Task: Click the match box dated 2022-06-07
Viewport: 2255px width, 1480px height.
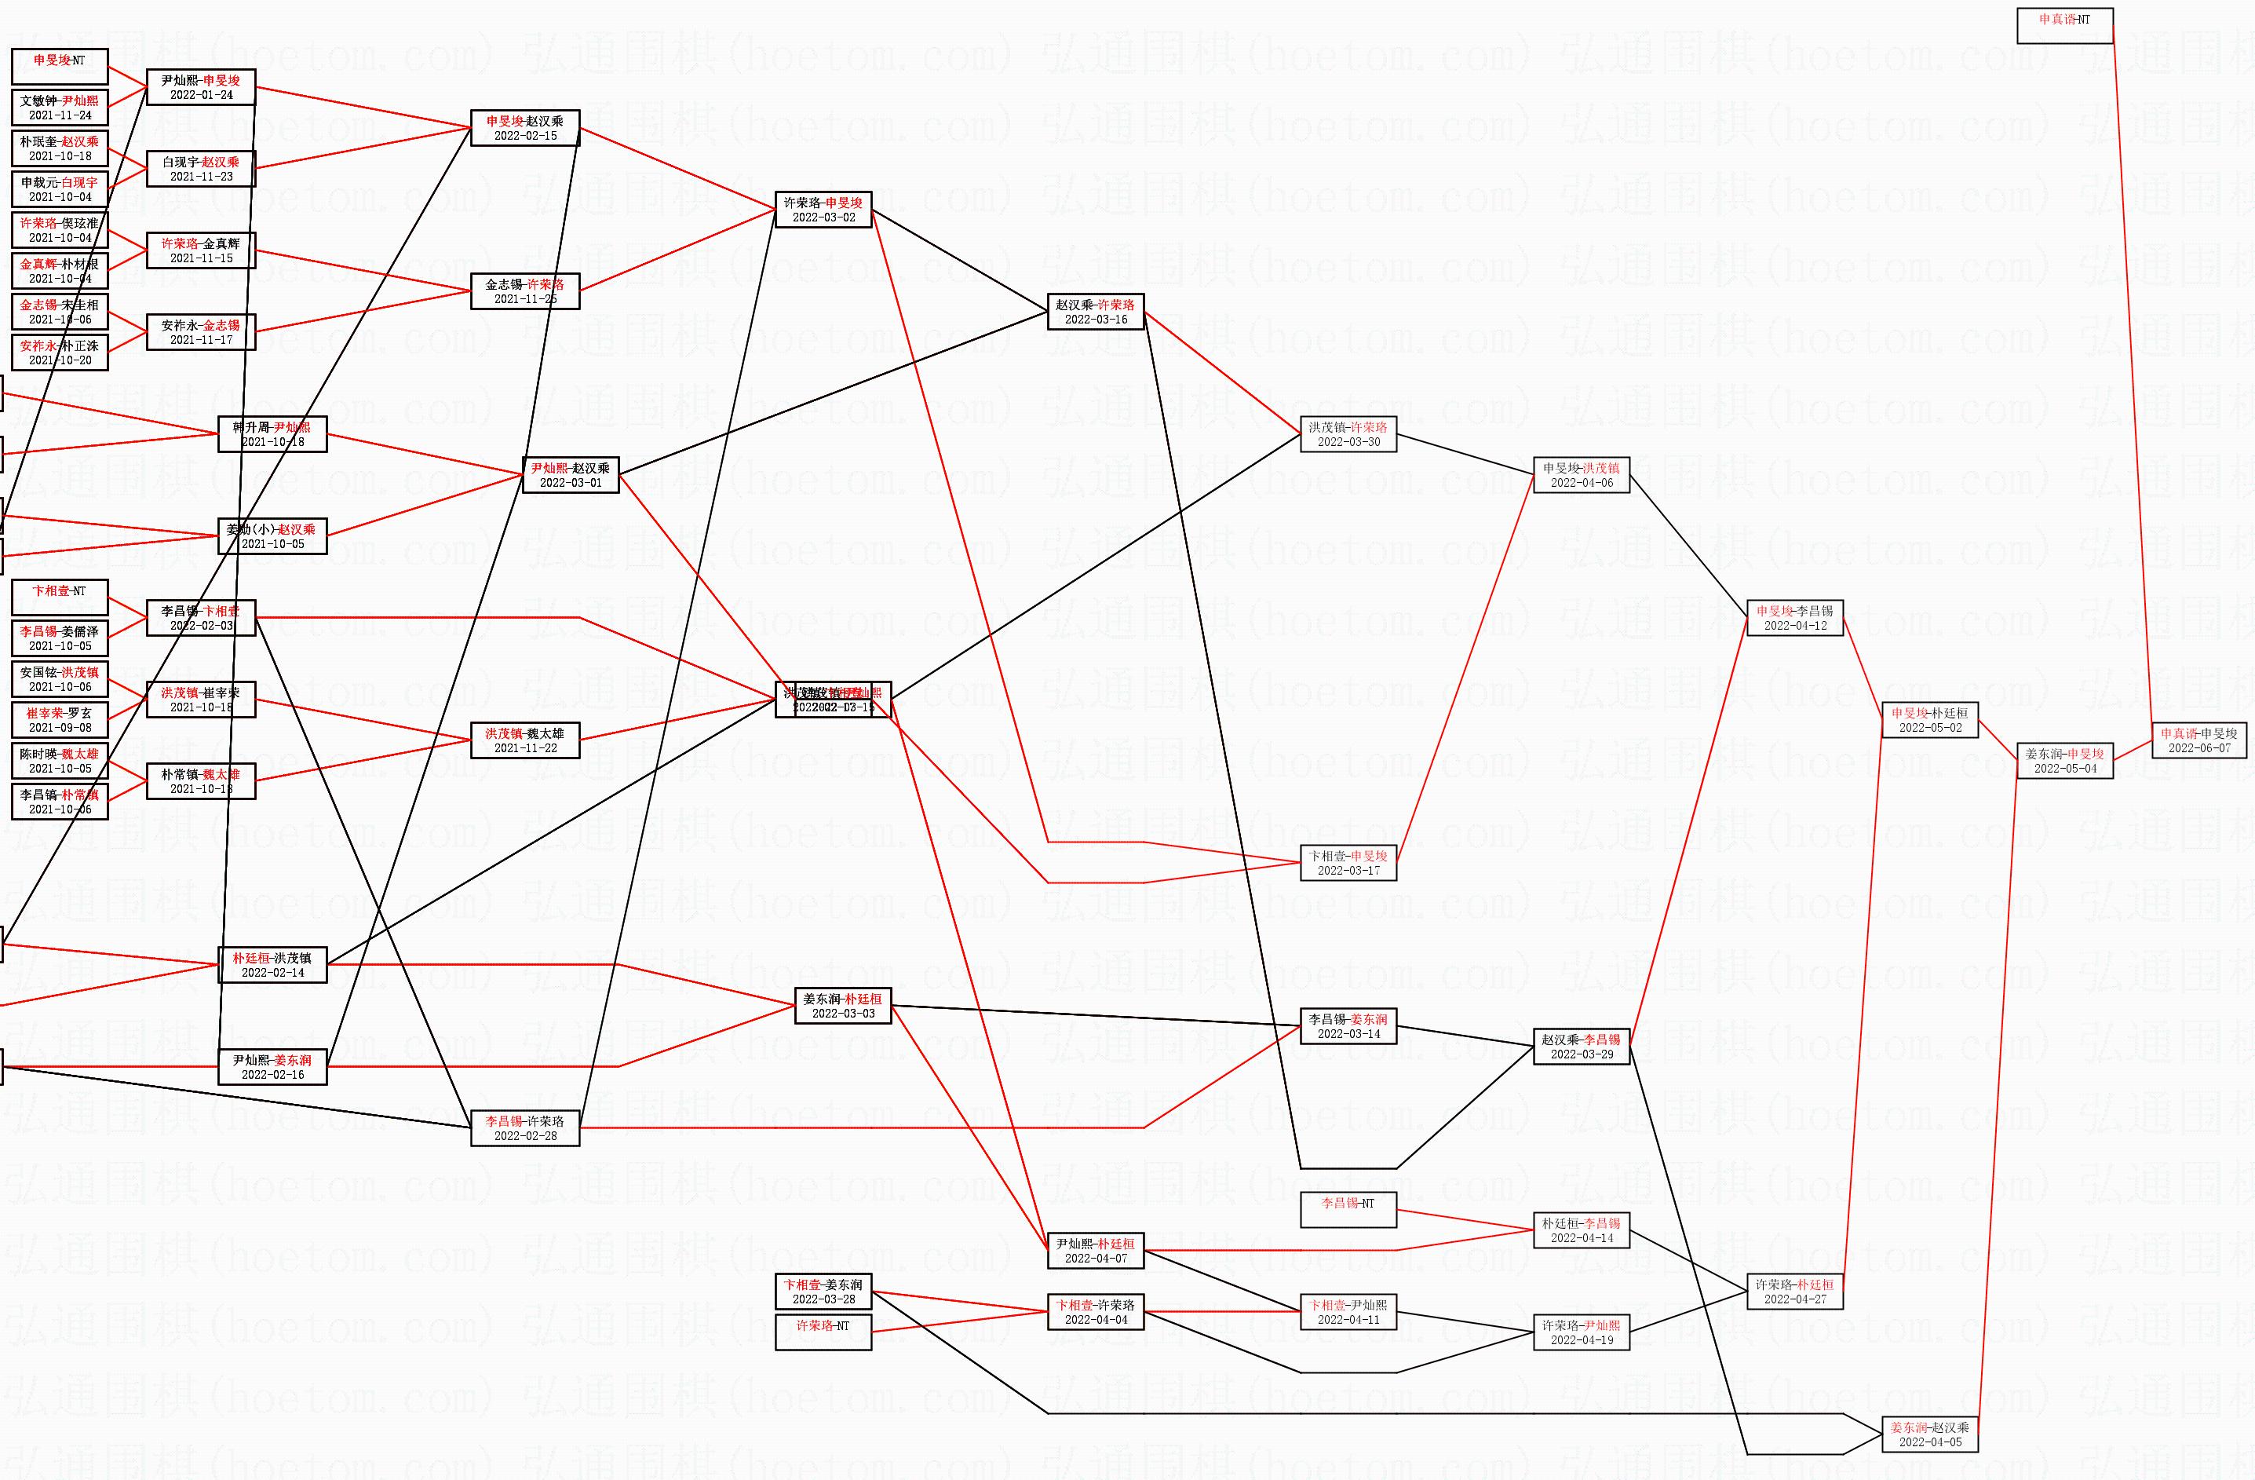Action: (x=2199, y=740)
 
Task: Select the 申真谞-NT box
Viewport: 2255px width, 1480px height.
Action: (x=2064, y=26)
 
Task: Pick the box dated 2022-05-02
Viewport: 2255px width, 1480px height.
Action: (x=1930, y=720)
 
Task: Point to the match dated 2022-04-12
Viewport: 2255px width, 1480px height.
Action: (x=1794, y=618)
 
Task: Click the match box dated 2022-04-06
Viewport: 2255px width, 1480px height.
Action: (x=1582, y=475)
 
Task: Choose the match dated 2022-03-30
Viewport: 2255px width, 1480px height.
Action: (x=1348, y=434)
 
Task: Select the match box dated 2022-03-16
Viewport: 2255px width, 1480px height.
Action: (x=1095, y=312)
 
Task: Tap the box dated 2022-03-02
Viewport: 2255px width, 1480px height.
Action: (x=823, y=210)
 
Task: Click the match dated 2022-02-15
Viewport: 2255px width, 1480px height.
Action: (x=525, y=128)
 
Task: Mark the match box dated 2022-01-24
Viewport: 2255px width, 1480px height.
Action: (x=201, y=87)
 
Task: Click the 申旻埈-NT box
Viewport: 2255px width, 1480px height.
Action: (x=60, y=66)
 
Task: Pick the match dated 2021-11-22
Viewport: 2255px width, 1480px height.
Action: (x=525, y=740)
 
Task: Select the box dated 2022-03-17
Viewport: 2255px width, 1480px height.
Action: (x=1348, y=862)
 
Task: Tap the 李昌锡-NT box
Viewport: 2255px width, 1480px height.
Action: (x=1348, y=1209)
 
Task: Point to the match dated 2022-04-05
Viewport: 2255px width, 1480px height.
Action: (x=1930, y=1434)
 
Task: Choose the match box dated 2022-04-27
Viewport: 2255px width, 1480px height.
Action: (x=1794, y=1292)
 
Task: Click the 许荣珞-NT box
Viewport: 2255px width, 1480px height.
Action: (x=823, y=1332)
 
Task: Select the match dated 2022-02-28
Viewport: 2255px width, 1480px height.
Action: (x=525, y=1127)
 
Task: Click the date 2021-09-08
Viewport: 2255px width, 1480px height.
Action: (x=60, y=728)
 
